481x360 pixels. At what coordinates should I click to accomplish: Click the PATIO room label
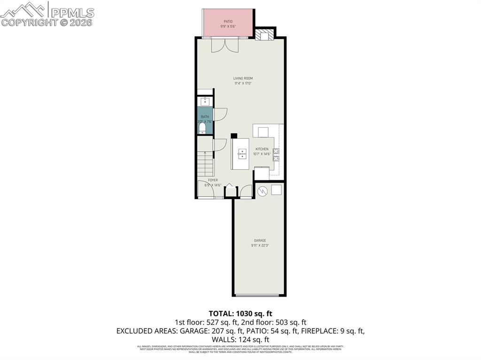click(x=228, y=21)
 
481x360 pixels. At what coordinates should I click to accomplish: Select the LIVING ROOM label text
click(x=243, y=78)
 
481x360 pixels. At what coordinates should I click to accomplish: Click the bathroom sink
click(x=205, y=101)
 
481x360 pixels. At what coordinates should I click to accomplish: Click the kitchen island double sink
click(x=242, y=153)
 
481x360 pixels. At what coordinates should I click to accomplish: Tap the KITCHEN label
click(x=262, y=149)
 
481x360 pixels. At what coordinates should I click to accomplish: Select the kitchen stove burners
click(x=276, y=154)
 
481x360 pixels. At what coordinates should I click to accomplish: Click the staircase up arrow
click(x=205, y=153)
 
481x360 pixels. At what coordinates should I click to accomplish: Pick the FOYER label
click(x=213, y=180)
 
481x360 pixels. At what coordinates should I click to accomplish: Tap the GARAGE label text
click(x=260, y=240)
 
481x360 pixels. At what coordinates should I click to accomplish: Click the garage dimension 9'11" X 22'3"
click(x=260, y=245)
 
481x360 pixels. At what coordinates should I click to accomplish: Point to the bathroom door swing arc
click(x=221, y=115)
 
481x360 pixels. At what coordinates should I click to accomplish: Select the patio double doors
click(x=225, y=45)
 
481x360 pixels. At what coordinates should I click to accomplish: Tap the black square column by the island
click(x=234, y=136)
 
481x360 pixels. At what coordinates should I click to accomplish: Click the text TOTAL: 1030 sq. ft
click(x=240, y=313)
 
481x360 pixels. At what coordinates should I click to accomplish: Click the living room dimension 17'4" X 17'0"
click(x=243, y=84)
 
